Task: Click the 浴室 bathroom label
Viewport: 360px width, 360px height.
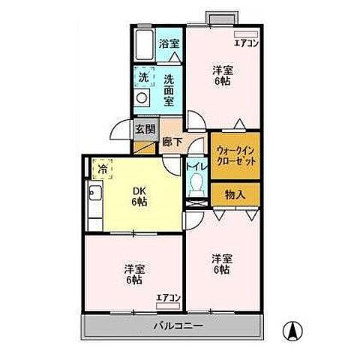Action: coord(169,44)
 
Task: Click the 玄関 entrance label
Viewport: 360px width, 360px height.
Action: coord(145,128)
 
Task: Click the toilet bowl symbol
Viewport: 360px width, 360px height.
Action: coord(197,183)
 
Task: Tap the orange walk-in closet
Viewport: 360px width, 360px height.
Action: coord(235,155)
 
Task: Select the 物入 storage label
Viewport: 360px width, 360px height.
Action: coord(235,194)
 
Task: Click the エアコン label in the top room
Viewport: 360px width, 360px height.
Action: coord(245,44)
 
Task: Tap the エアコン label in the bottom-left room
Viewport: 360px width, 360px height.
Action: coord(168,298)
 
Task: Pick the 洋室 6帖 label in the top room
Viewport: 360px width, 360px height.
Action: coord(220,76)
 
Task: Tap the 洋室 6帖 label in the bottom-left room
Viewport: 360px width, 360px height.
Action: coord(134,274)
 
